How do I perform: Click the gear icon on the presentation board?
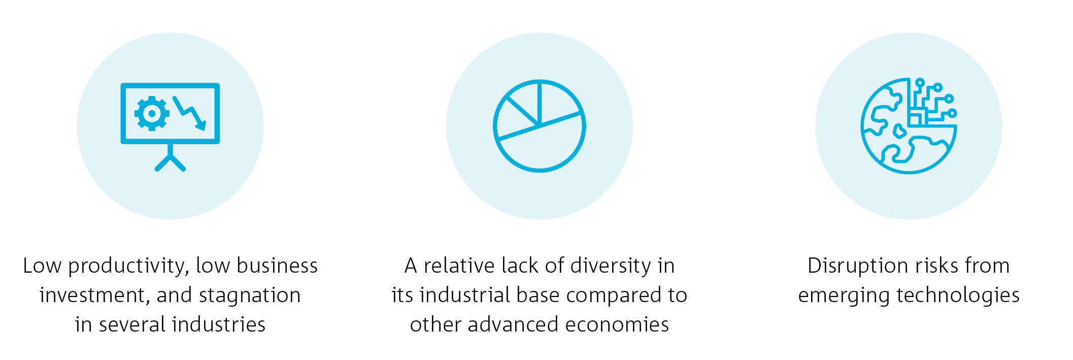click(x=152, y=114)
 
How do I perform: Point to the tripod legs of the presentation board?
click(x=170, y=161)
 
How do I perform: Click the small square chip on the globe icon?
click(x=915, y=119)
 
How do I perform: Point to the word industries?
click(x=219, y=324)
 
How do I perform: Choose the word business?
click(x=277, y=266)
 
